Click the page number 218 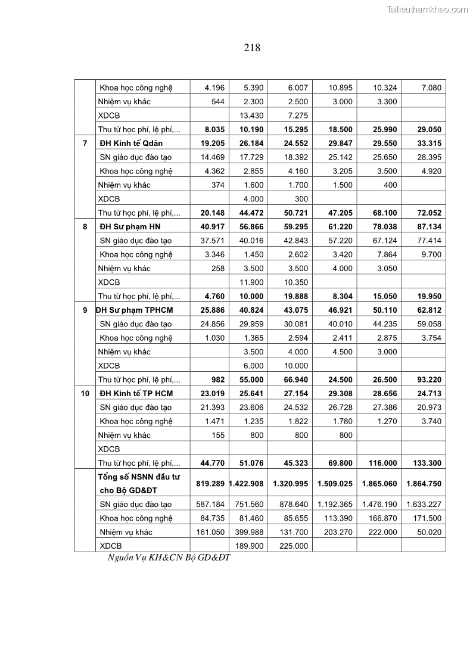(x=252, y=48)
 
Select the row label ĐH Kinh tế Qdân (x=131, y=143)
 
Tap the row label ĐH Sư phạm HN (x=130, y=226)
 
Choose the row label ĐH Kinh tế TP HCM (x=136, y=393)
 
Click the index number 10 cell (x=85, y=393)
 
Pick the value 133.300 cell (x=424, y=463)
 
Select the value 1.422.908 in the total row (x=247, y=484)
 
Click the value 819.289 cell (x=210, y=484)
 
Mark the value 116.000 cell (x=379, y=463)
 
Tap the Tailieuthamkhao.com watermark (x=427, y=9)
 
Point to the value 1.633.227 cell (x=424, y=505)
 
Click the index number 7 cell (x=85, y=143)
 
